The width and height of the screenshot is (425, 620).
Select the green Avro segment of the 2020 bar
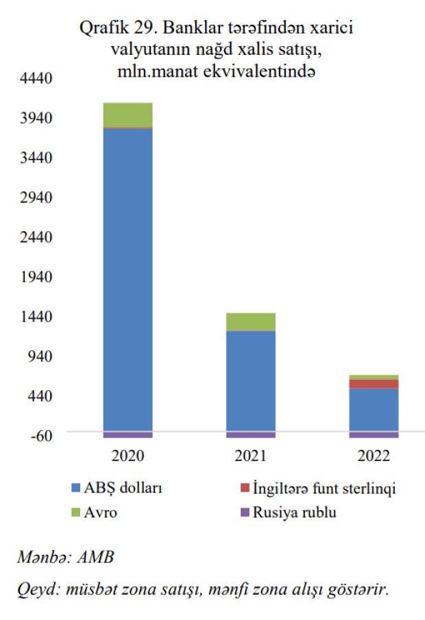click(127, 115)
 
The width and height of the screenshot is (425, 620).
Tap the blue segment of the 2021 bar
click(250, 381)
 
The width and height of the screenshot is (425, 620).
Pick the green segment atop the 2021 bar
click(250, 322)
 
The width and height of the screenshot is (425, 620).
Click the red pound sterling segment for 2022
click(374, 384)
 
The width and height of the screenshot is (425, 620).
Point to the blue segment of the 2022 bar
click(374, 410)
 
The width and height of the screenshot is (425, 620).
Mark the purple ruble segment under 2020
click(127, 435)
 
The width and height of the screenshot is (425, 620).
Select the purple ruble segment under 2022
click(374, 435)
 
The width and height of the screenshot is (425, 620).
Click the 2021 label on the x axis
click(250, 456)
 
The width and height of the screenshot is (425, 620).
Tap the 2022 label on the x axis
click(374, 456)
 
